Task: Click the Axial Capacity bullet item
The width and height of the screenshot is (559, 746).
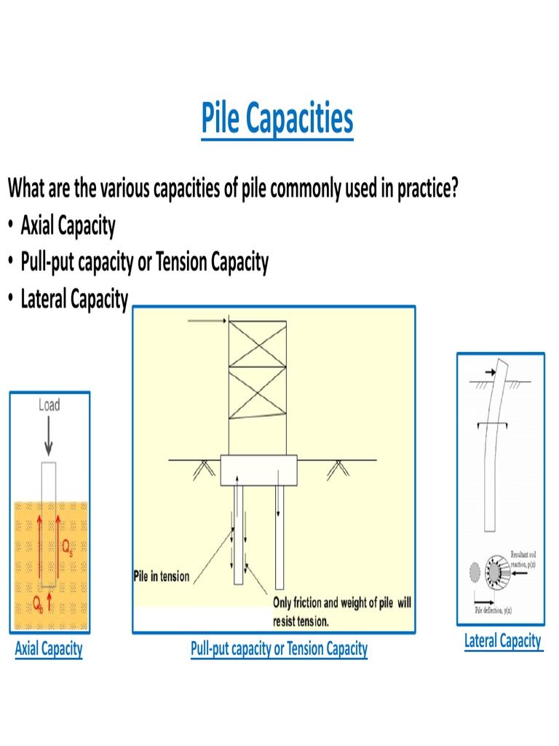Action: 68,226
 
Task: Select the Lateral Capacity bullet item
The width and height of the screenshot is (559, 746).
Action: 74,299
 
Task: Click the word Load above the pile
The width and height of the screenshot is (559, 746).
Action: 49,405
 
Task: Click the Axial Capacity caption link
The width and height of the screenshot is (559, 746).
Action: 49,648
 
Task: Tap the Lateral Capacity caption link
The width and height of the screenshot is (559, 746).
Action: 503,641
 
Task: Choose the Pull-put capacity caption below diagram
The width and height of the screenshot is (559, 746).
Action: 279,648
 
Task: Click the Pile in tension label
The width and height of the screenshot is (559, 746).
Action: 161,576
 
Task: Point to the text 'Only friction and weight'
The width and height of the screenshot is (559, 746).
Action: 342,603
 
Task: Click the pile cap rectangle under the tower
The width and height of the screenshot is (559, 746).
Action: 258,471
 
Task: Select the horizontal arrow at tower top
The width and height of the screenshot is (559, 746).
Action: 208,321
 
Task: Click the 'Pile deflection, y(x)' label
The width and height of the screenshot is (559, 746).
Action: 493,610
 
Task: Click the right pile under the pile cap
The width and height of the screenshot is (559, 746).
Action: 279,535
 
